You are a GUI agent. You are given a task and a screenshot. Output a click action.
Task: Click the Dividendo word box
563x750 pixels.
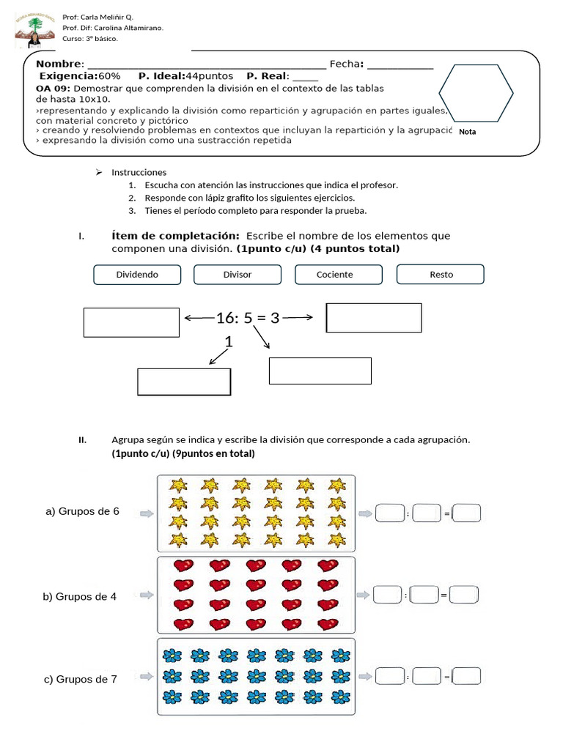(x=138, y=275)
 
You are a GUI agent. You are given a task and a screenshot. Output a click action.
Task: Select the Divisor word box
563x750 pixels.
(x=237, y=275)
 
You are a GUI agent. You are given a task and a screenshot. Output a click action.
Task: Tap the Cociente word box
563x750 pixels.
(x=334, y=275)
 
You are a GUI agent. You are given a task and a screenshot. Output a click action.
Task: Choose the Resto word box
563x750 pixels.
(x=441, y=275)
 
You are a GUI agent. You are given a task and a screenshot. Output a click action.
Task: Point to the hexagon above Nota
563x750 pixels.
(x=476, y=94)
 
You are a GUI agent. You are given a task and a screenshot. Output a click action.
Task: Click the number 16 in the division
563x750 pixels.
(x=224, y=318)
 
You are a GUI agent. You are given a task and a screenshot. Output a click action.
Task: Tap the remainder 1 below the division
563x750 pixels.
(x=229, y=341)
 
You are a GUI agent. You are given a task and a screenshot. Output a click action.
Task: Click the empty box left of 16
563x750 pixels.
(x=132, y=322)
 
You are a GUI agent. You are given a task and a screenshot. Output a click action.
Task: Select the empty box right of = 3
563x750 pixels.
(x=374, y=318)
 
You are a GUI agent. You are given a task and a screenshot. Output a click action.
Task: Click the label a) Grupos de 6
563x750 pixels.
(x=82, y=511)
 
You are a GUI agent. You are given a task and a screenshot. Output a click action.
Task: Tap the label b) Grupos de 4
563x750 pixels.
(x=80, y=596)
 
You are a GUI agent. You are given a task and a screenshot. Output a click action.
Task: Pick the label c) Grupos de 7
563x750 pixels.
(x=81, y=679)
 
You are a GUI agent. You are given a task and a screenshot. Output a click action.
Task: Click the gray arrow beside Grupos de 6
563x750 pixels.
(x=147, y=513)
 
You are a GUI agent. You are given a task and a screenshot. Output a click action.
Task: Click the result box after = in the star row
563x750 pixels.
(x=467, y=514)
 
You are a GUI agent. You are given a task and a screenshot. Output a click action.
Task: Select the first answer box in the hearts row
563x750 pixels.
(x=387, y=595)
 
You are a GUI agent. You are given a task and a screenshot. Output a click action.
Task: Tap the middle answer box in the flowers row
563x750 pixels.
(x=426, y=677)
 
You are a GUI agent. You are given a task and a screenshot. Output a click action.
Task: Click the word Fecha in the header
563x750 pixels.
(x=345, y=64)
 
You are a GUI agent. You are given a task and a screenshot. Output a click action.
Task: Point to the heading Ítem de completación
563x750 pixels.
(x=175, y=236)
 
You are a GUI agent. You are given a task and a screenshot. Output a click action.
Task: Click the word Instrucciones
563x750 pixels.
(x=139, y=172)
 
